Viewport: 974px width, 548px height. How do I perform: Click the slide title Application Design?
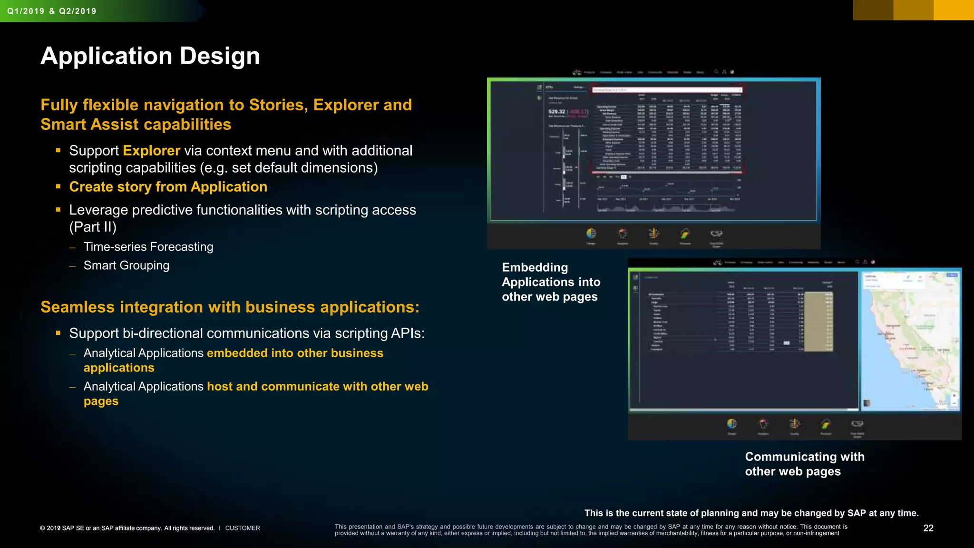150,56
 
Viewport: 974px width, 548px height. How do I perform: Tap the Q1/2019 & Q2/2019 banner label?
52,11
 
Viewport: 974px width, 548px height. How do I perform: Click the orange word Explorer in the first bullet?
151,151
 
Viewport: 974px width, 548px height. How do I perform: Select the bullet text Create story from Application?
168,187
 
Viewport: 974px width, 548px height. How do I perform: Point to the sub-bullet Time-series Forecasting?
148,247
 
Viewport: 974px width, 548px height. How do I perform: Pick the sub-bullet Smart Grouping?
127,265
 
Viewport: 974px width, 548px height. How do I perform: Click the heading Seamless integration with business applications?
230,307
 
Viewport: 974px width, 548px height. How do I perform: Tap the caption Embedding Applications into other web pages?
551,282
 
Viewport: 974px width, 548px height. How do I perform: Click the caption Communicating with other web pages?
804,464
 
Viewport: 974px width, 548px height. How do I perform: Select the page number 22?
928,528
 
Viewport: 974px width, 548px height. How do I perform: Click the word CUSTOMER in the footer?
243,528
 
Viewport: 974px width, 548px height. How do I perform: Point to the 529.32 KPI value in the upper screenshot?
556,112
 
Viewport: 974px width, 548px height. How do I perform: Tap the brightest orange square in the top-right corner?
954,10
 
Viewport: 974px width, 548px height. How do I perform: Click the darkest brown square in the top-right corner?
873,10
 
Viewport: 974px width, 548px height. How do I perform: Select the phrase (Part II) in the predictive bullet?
93,227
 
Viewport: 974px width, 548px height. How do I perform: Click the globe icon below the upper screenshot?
591,233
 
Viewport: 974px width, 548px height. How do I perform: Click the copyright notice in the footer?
127,528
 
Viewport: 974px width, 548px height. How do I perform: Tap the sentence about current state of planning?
751,513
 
